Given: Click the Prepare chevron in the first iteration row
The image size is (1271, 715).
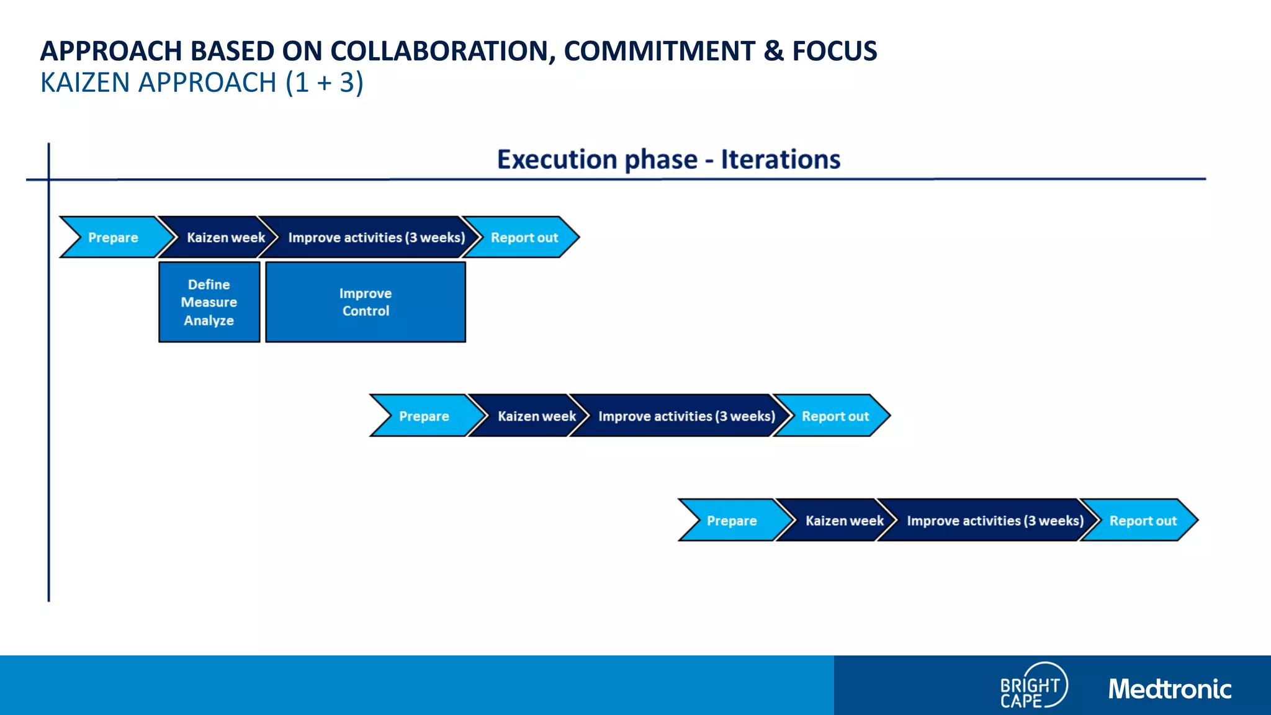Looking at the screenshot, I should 113,237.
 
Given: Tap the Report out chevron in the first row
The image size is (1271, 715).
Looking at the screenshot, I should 524,237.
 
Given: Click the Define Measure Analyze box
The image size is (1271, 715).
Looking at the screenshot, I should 209,302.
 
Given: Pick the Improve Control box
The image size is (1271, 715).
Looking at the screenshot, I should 366,302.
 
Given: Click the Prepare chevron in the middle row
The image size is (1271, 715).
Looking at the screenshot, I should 424,416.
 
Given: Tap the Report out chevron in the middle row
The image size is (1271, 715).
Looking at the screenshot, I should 835,416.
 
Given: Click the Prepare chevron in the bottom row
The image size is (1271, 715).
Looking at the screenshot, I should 732,520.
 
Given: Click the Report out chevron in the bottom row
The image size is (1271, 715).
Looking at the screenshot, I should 1143,520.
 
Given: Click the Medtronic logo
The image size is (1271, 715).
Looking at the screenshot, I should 1170,689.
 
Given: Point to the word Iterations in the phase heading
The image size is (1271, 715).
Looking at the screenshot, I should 780,160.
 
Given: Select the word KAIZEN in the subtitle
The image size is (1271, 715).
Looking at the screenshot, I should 85,83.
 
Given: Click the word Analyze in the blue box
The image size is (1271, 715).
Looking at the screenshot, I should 209,320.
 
